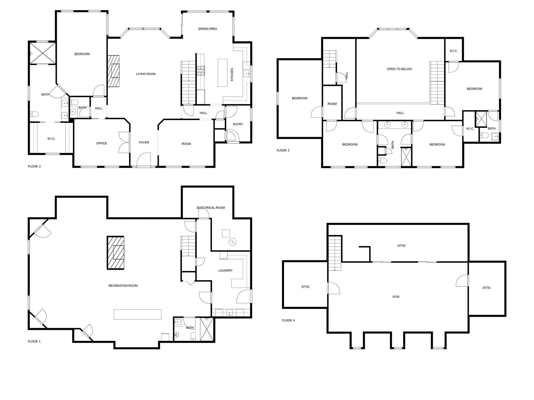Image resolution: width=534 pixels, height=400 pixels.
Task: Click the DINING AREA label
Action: click(x=208, y=29)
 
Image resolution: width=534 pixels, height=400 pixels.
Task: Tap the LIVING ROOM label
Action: click(x=146, y=74)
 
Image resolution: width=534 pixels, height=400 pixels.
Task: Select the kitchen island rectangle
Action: click(x=222, y=73)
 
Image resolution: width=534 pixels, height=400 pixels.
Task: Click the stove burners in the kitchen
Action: click(x=201, y=71)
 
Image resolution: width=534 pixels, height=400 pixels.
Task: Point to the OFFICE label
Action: click(x=101, y=143)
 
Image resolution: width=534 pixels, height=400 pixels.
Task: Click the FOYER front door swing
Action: click(x=144, y=159)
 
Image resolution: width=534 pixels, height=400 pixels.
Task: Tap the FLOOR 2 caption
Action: click(x=34, y=166)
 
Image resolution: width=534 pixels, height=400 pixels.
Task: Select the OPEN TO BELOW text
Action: click(x=399, y=69)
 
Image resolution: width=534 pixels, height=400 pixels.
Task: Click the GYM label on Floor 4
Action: click(x=396, y=297)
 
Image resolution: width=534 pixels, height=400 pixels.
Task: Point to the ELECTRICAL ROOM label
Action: click(x=211, y=208)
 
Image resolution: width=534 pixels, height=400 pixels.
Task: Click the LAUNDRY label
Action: click(x=225, y=271)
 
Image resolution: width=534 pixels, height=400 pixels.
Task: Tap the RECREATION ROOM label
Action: click(x=123, y=286)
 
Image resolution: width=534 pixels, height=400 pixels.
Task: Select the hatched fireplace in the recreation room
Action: click(x=116, y=253)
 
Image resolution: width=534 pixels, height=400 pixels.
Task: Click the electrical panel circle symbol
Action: click(x=232, y=242)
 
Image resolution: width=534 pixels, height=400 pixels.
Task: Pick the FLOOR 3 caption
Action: click(x=283, y=150)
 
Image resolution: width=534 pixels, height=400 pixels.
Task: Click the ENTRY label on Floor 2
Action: click(x=238, y=124)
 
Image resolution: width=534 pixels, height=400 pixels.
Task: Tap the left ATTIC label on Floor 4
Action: click(x=306, y=287)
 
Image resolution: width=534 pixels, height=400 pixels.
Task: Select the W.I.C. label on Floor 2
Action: click(x=51, y=139)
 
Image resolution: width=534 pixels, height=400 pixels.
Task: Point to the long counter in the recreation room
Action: click(x=137, y=314)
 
